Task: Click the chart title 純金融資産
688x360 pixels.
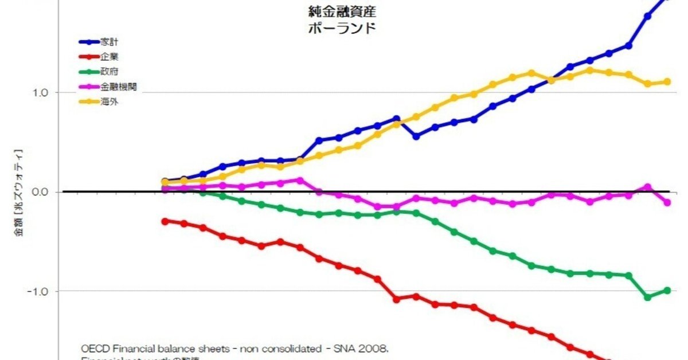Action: point(342,11)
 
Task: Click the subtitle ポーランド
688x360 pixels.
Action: point(342,28)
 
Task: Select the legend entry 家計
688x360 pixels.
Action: point(110,42)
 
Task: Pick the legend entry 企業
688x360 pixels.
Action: point(110,57)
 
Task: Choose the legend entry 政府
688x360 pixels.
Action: point(110,72)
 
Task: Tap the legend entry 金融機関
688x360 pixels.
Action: point(119,87)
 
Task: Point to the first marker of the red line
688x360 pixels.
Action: point(165,221)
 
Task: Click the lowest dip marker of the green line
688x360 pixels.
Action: point(648,297)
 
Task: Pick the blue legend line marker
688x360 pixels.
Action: point(89,42)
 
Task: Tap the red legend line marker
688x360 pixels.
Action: point(89,57)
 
